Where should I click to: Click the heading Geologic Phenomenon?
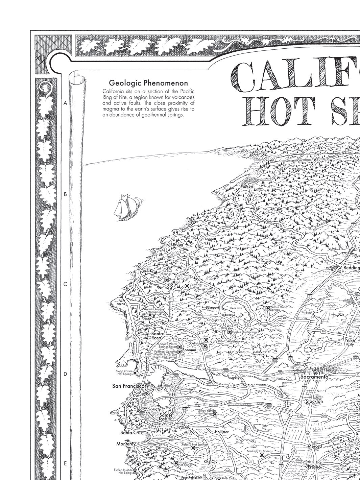(x=148, y=83)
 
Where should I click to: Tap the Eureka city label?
(x=246, y=187)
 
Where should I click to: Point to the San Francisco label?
(x=128, y=386)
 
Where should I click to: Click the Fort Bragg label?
(x=174, y=244)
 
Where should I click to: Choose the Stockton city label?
(x=314, y=401)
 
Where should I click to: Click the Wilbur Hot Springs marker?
(x=267, y=308)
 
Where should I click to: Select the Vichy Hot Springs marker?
(x=187, y=286)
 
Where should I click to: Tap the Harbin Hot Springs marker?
(x=230, y=332)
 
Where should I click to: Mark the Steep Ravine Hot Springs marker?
(x=136, y=373)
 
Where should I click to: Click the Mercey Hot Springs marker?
(x=262, y=455)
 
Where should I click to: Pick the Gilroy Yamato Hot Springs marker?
(x=215, y=414)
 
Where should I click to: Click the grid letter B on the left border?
(x=65, y=194)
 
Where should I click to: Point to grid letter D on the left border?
(x=65, y=374)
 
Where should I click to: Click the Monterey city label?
(x=126, y=443)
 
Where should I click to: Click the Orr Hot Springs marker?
(x=166, y=280)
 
